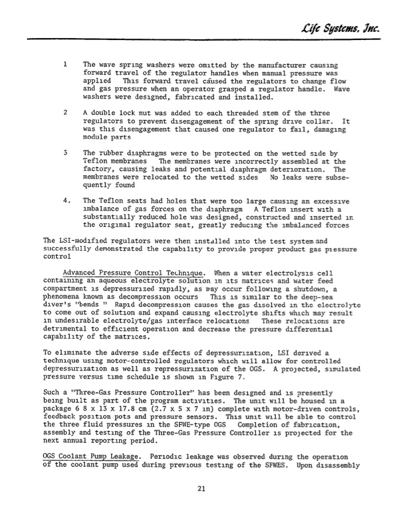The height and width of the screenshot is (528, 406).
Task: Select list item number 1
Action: coord(64,64)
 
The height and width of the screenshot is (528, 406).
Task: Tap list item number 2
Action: coord(64,113)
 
